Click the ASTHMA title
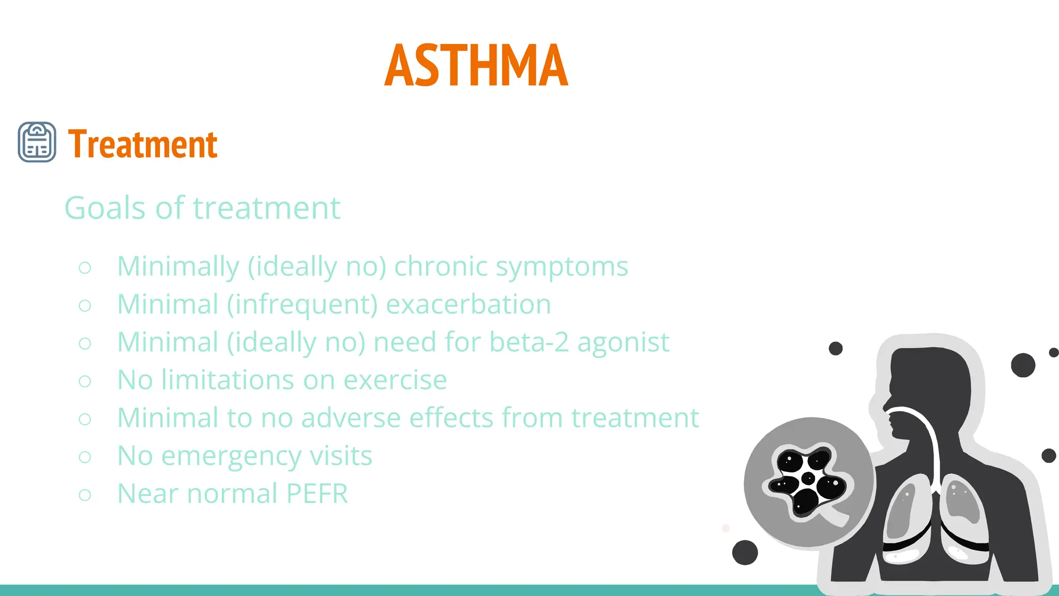[x=476, y=66]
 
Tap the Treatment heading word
[x=143, y=144]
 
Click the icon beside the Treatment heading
[x=37, y=142]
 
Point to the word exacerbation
[x=468, y=304]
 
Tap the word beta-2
[x=529, y=342]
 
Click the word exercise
[x=395, y=380]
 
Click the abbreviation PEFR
[x=317, y=494]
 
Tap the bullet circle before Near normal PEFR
[x=85, y=495]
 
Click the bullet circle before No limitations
[x=85, y=381]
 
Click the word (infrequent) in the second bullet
[x=302, y=305]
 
